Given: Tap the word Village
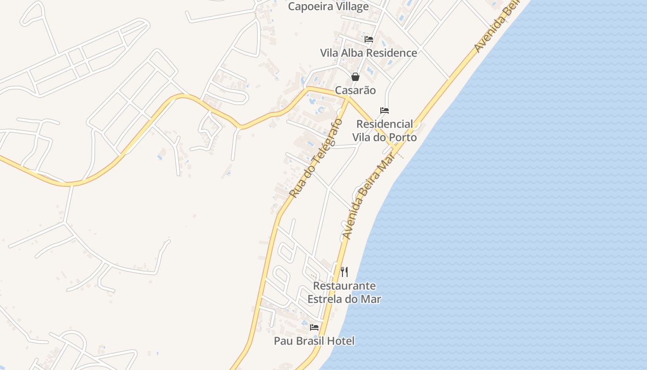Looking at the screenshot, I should point(351,6).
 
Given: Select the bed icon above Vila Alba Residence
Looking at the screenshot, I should point(369,39).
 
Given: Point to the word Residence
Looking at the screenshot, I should point(392,53).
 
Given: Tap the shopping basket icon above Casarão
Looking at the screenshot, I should point(355,77).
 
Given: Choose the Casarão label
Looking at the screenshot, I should point(355,90).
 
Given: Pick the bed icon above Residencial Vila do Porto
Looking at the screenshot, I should point(385,111).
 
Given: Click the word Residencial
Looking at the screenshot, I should point(385,124).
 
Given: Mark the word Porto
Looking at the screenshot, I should point(403,137).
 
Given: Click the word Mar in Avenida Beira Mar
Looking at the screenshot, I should point(386,164).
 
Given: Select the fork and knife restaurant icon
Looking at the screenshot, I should point(344,271).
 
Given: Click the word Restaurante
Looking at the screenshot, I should point(344,286).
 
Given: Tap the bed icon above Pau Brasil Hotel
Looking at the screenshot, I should point(314,327).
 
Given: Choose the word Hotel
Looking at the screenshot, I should point(340,341).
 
